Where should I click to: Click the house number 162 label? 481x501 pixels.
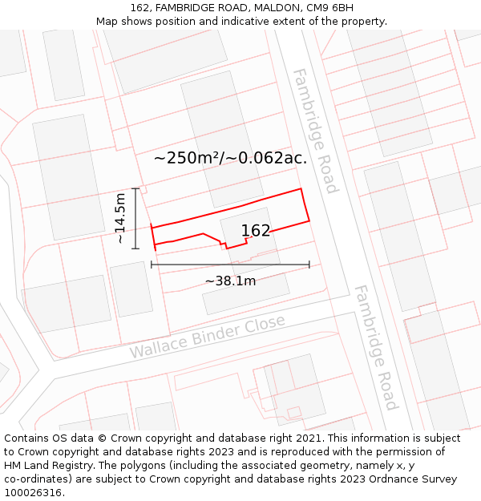click(x=256, y=231)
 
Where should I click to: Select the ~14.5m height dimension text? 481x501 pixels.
click(x=120, y=218)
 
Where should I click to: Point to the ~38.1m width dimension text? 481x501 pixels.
click(x=230, y=281)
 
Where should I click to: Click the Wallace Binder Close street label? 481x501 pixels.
click(x=207, y=337)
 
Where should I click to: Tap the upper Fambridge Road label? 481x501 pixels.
click(x=313, y=130)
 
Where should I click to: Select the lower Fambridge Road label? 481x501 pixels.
click(x=375, y=347)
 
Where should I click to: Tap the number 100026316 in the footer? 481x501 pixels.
click(x=34, y=493)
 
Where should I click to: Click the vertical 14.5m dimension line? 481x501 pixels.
click(x=136, y=218)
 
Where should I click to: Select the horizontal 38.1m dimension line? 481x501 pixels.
click(x=230, y=264)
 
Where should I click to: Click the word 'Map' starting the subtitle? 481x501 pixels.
click(x=107, y=22)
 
